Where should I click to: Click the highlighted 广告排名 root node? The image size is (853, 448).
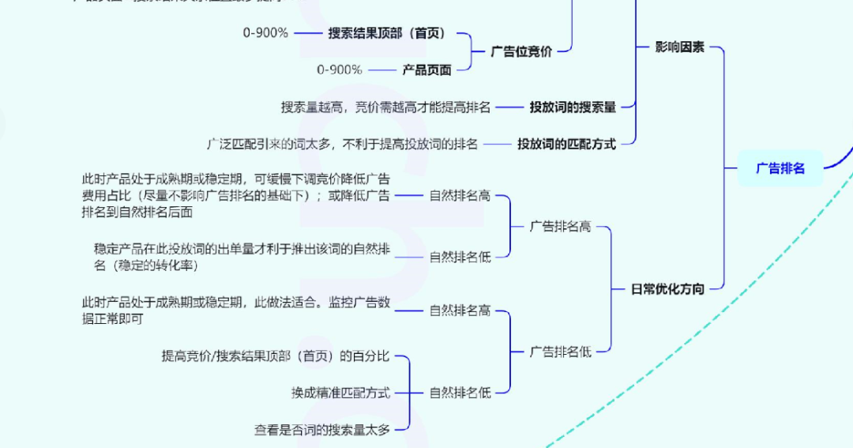coord(780,168)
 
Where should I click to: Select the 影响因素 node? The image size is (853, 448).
coord(679,47)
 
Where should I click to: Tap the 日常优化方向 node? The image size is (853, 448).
coord(667,289)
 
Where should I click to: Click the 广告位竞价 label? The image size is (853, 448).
coord(521,51)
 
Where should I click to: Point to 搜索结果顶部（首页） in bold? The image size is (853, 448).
coord(387,33)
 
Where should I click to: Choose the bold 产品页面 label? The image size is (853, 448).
coord(426,70)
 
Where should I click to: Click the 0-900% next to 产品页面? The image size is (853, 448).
coord(340,70)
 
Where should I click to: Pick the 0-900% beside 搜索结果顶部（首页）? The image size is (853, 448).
coord(265,33)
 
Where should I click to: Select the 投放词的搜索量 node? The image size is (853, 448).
coord(573,107)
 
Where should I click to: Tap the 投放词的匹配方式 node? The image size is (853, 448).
coord(566,144)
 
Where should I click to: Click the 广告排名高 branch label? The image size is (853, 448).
coord(560,227)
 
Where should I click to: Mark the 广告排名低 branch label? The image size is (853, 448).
coord(560,352)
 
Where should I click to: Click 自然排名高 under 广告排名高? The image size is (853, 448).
coord(460,195)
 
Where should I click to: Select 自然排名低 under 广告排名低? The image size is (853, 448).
coord(460,392)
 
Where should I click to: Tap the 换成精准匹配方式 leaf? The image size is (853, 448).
coord(340,392)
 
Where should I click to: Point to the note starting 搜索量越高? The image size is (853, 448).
coord(385,107)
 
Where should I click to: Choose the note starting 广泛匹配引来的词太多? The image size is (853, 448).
coord(342,144)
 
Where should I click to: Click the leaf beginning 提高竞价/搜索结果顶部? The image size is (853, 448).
coord(276,356)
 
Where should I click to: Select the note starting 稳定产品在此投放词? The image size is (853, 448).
coord(241,257)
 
